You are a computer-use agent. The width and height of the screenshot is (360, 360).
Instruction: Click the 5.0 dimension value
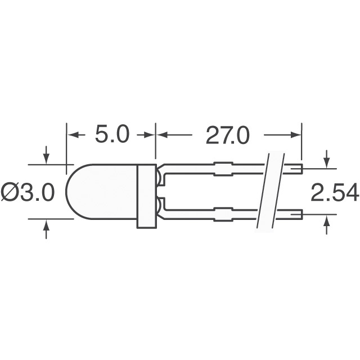[111, 135]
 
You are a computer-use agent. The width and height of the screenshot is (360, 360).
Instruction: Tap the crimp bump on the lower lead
[224, 214]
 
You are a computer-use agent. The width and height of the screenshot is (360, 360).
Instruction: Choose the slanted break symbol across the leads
[269, 191]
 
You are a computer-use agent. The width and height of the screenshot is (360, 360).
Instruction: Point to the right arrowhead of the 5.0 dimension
[150, 135]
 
